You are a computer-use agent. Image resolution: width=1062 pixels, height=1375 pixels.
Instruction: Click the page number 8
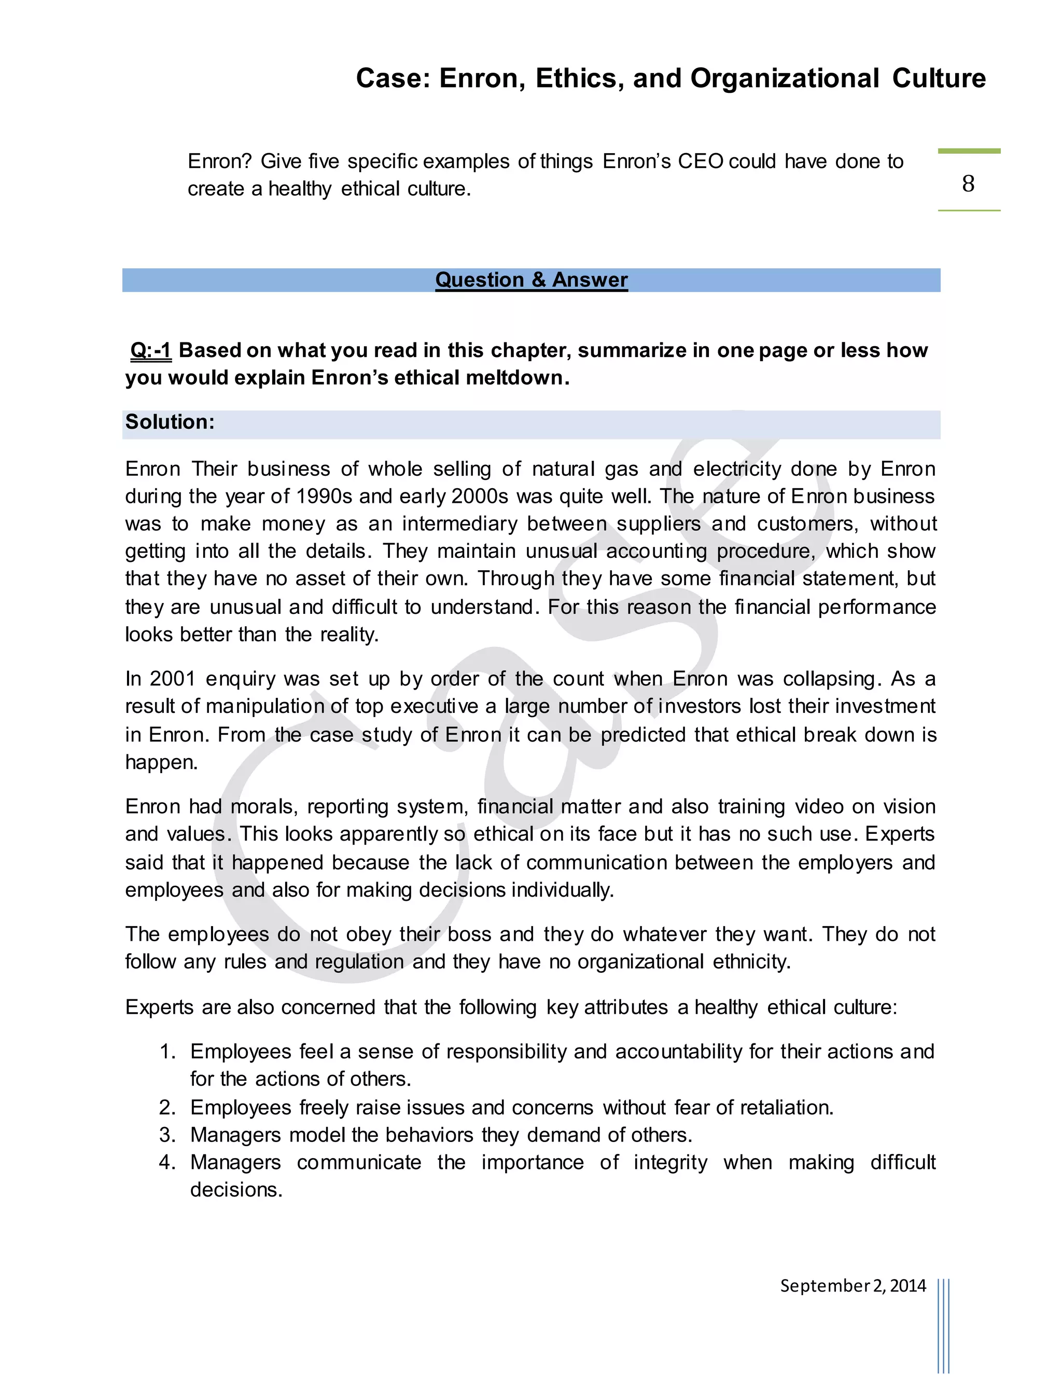pyautogui.click(x=968, y=184)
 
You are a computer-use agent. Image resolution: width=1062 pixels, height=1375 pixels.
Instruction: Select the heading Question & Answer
pyautogui.click(x=531, y=280)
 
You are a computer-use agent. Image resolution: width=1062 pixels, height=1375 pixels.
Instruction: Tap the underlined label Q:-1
pyautogui.click(x=150, y=350)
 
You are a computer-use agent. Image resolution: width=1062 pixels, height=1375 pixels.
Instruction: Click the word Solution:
pyautogui.click(x=170, y=422)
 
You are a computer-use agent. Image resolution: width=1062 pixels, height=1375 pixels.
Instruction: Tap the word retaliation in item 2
pyautogui.click(x=786, y=1107)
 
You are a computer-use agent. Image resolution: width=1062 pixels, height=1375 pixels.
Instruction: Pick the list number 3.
pyautogui.click(x=167, y=1134)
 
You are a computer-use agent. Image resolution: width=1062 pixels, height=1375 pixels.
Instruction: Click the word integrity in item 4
pyautogui.click(x=670, y=1162)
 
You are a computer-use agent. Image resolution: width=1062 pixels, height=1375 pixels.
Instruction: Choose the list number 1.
pyautogui.click(x=167, y=1051)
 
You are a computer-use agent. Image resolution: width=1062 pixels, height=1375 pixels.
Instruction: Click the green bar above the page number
pyautogui.click(x=968, y=151)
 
